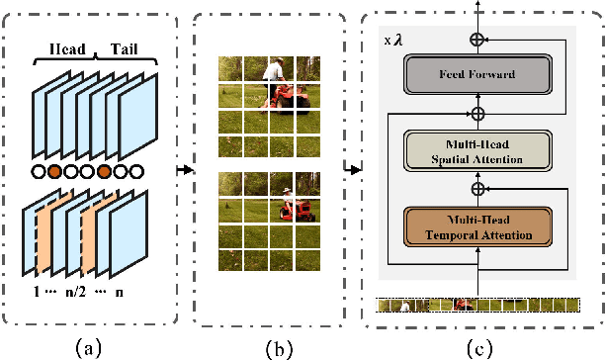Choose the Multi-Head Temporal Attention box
(476, 226)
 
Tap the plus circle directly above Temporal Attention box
(476, 187)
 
